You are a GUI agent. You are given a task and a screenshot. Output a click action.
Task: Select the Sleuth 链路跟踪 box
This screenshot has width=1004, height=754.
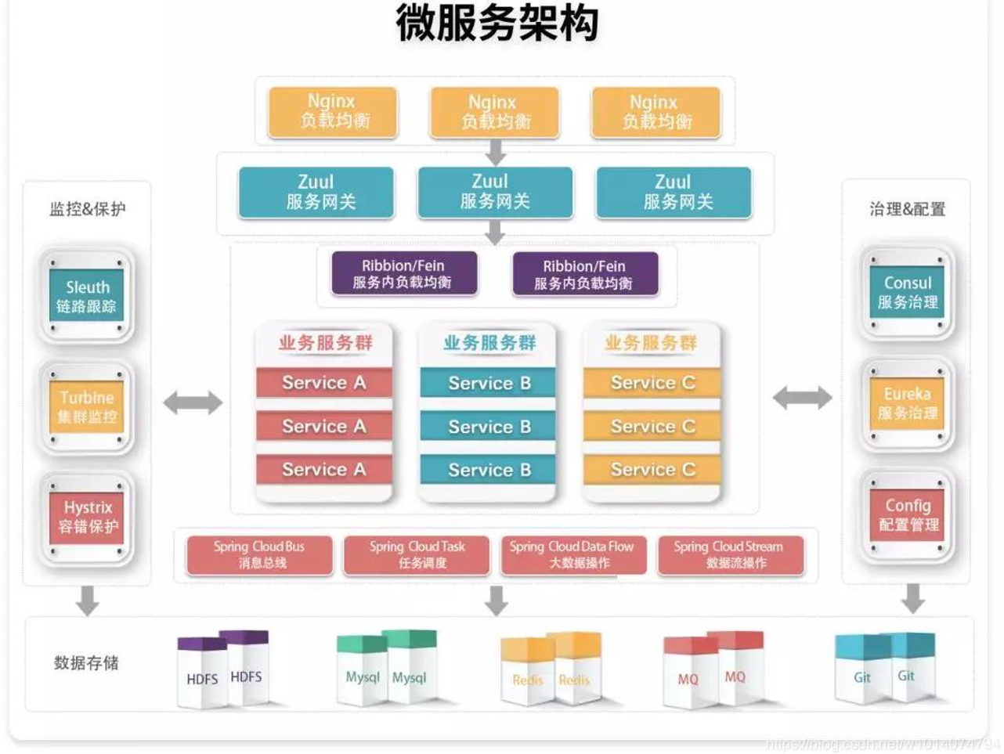[87, 295]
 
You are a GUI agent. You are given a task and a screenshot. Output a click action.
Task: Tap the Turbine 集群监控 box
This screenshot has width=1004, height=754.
[87, 406]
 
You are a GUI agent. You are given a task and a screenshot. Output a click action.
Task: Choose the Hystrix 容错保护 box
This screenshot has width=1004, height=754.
[88, 517]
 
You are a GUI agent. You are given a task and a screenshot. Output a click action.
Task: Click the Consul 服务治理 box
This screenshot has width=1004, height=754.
[907, 292]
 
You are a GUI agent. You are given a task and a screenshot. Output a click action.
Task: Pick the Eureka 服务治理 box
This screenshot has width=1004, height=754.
[907, 403]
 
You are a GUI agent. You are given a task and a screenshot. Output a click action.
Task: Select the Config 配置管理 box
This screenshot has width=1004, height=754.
[908, 515]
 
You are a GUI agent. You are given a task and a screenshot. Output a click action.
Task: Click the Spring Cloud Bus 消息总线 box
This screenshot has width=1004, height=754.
[259, 554]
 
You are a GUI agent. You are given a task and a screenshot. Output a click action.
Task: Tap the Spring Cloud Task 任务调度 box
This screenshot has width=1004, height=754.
[417, 554]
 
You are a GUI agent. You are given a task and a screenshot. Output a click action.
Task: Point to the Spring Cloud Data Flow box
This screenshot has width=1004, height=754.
[572, 554]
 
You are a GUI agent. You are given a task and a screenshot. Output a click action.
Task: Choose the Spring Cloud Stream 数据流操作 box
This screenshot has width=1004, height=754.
[730, 554]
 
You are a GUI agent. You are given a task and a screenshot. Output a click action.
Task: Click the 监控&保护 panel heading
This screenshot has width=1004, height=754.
[87, 209]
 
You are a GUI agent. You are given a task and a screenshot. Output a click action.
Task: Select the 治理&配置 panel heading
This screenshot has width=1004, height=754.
[907, 209]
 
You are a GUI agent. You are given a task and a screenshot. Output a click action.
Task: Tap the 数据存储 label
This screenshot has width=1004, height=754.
[86, 663]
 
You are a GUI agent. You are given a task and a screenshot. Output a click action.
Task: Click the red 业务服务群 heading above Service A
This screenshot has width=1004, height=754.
[325, 343]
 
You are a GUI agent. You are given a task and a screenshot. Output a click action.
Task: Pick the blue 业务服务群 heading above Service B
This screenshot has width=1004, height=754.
[489, 343]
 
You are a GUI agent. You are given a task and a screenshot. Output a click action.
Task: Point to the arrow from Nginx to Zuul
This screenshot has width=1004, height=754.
[495, 152]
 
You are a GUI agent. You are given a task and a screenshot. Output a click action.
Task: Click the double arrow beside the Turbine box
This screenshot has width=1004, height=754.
[193, 403]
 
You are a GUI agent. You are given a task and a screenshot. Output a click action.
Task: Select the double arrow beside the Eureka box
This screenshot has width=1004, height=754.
[802, 398]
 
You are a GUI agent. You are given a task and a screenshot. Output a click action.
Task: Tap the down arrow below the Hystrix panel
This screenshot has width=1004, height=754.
[88, 601]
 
